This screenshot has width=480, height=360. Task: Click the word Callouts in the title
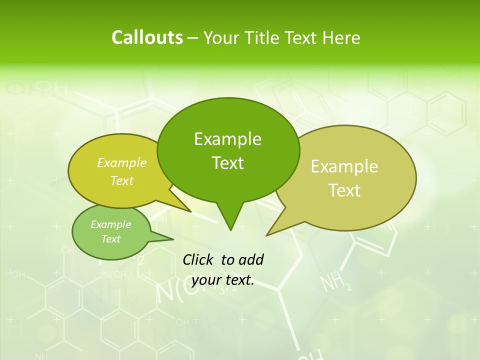click(x=147, y=37)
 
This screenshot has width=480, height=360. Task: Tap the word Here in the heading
click(x=341, y=37)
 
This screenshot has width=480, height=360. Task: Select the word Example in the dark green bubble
click(x=227, y=139)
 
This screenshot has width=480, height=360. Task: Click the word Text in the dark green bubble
click(x=227, y=163)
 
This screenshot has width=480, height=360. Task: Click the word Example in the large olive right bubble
click(x=344, y=166)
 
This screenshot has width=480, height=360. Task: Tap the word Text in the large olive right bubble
click(x=344, y=190)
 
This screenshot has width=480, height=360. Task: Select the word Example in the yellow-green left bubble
click(x=122, y=163)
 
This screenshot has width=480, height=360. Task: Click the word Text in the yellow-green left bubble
click(x=122, y=180)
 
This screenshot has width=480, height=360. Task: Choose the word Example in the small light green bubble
click(x=110, y=224)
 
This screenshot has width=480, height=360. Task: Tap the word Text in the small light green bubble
click(x=110, y=239)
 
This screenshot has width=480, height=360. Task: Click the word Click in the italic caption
click(x=199, y=259)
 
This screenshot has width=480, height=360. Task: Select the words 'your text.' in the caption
click(x=223, y=280)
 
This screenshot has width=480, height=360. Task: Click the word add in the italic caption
click(x=250, y=259)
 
